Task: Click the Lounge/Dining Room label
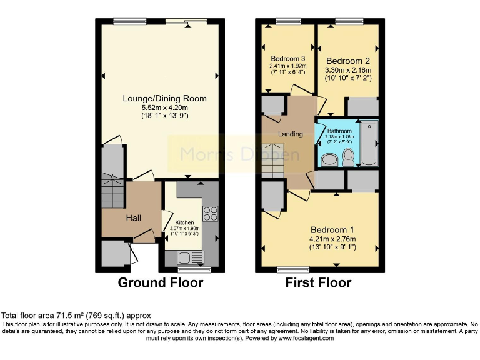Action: pos(164,99)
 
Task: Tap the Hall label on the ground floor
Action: pos(132,218)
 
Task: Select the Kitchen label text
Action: pos(184,222)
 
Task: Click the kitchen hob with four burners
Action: pos(211,213)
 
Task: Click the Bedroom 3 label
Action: pos(287,59)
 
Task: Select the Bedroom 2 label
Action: pos(347,61)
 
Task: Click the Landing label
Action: pos(291,134)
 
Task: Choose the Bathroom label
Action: pos(340,131)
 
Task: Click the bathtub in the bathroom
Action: pos(369,144)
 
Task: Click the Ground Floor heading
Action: pos(161,283)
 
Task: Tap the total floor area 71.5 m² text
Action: pos(76,316)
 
